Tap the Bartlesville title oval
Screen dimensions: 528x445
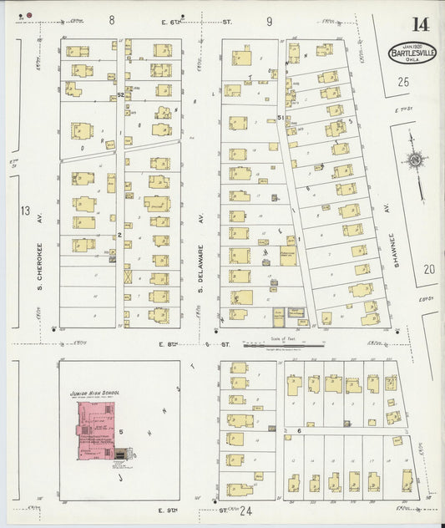(405, 53)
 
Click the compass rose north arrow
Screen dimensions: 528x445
(414, 159)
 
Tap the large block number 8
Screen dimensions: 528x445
(111, 18)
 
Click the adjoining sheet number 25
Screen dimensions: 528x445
(404, 82)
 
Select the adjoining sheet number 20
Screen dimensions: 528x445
(429, 268)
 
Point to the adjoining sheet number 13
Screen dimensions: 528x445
(24, 211)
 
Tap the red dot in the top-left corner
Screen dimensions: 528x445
(29, 15)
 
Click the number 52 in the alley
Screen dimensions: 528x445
(121, 94)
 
